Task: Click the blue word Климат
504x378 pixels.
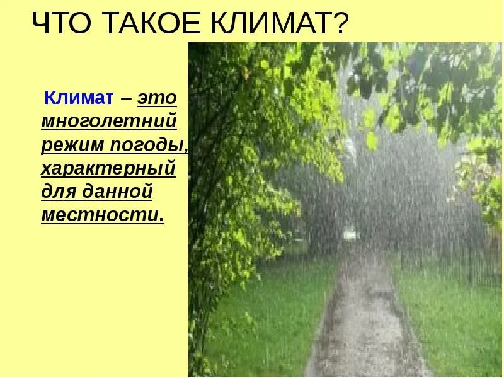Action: (78, 98)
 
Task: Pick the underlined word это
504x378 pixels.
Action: (157, 98)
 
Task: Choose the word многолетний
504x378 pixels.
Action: (108, 120)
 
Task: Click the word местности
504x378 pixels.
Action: (100, 214)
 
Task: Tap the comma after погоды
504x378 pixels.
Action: (186, 150)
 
